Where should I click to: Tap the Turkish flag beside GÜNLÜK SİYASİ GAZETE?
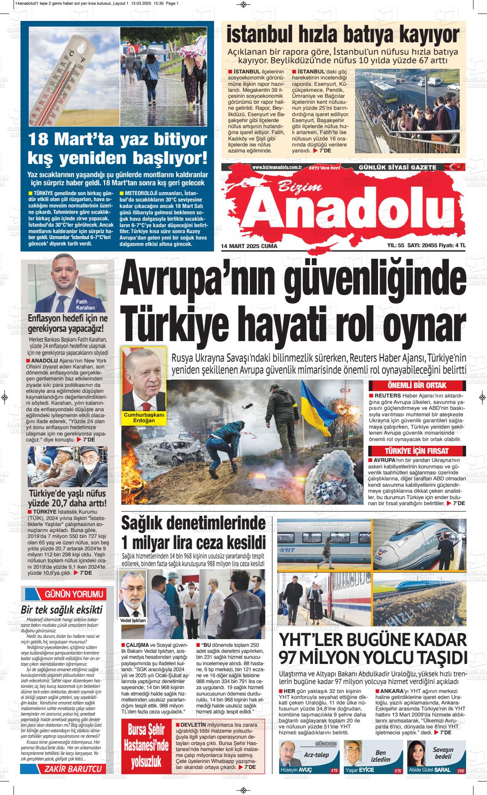coord(454,167)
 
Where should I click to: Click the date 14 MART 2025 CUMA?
coord(249,246)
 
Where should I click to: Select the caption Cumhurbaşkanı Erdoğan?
coord(144,418)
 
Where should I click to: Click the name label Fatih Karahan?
coord(85,305)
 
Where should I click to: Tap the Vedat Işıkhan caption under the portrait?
coord(133,620)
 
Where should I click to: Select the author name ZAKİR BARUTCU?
coord(76,769)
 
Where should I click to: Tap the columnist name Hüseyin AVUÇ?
coord(296,770)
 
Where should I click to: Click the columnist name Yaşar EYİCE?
coord(359,770)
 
